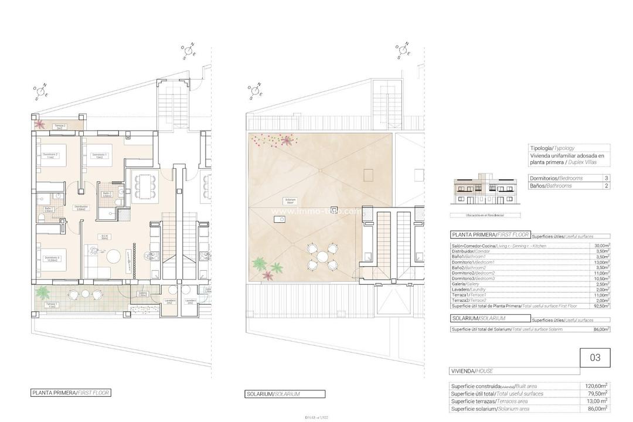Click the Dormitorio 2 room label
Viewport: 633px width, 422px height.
click(50, 156)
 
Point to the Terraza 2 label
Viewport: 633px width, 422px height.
click(60, 127)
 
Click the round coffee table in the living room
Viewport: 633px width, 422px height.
click(113, 256)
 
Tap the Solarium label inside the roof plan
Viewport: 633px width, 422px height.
click(288, 200)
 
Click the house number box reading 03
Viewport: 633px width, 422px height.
click(595, 358)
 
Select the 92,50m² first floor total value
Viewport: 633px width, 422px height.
click(600, 306)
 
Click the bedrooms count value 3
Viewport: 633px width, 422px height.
click(606, 177)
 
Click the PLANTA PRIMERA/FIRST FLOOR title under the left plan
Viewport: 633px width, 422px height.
click(70, 393)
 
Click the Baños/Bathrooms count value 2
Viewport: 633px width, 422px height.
click(606, 186)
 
